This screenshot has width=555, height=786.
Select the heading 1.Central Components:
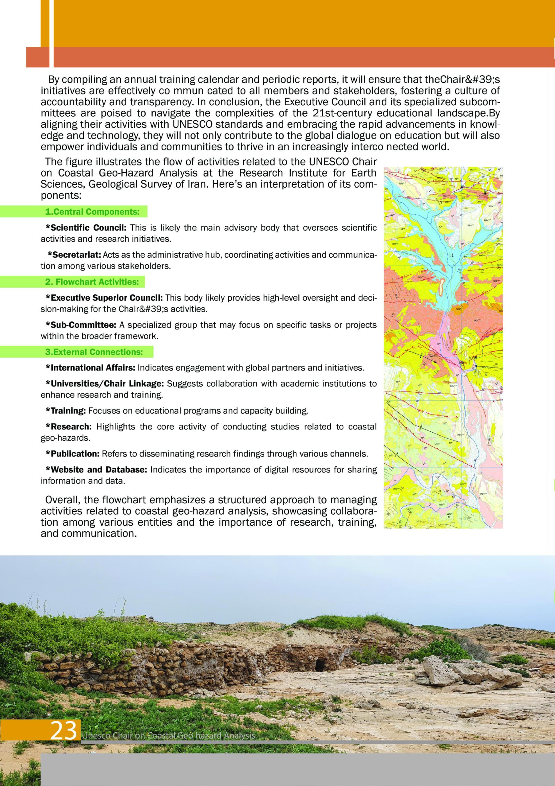(92, 212)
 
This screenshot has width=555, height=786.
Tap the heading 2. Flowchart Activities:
(92, 282)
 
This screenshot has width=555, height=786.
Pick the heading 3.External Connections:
(94, 352)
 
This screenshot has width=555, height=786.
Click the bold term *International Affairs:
(91, 368)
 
